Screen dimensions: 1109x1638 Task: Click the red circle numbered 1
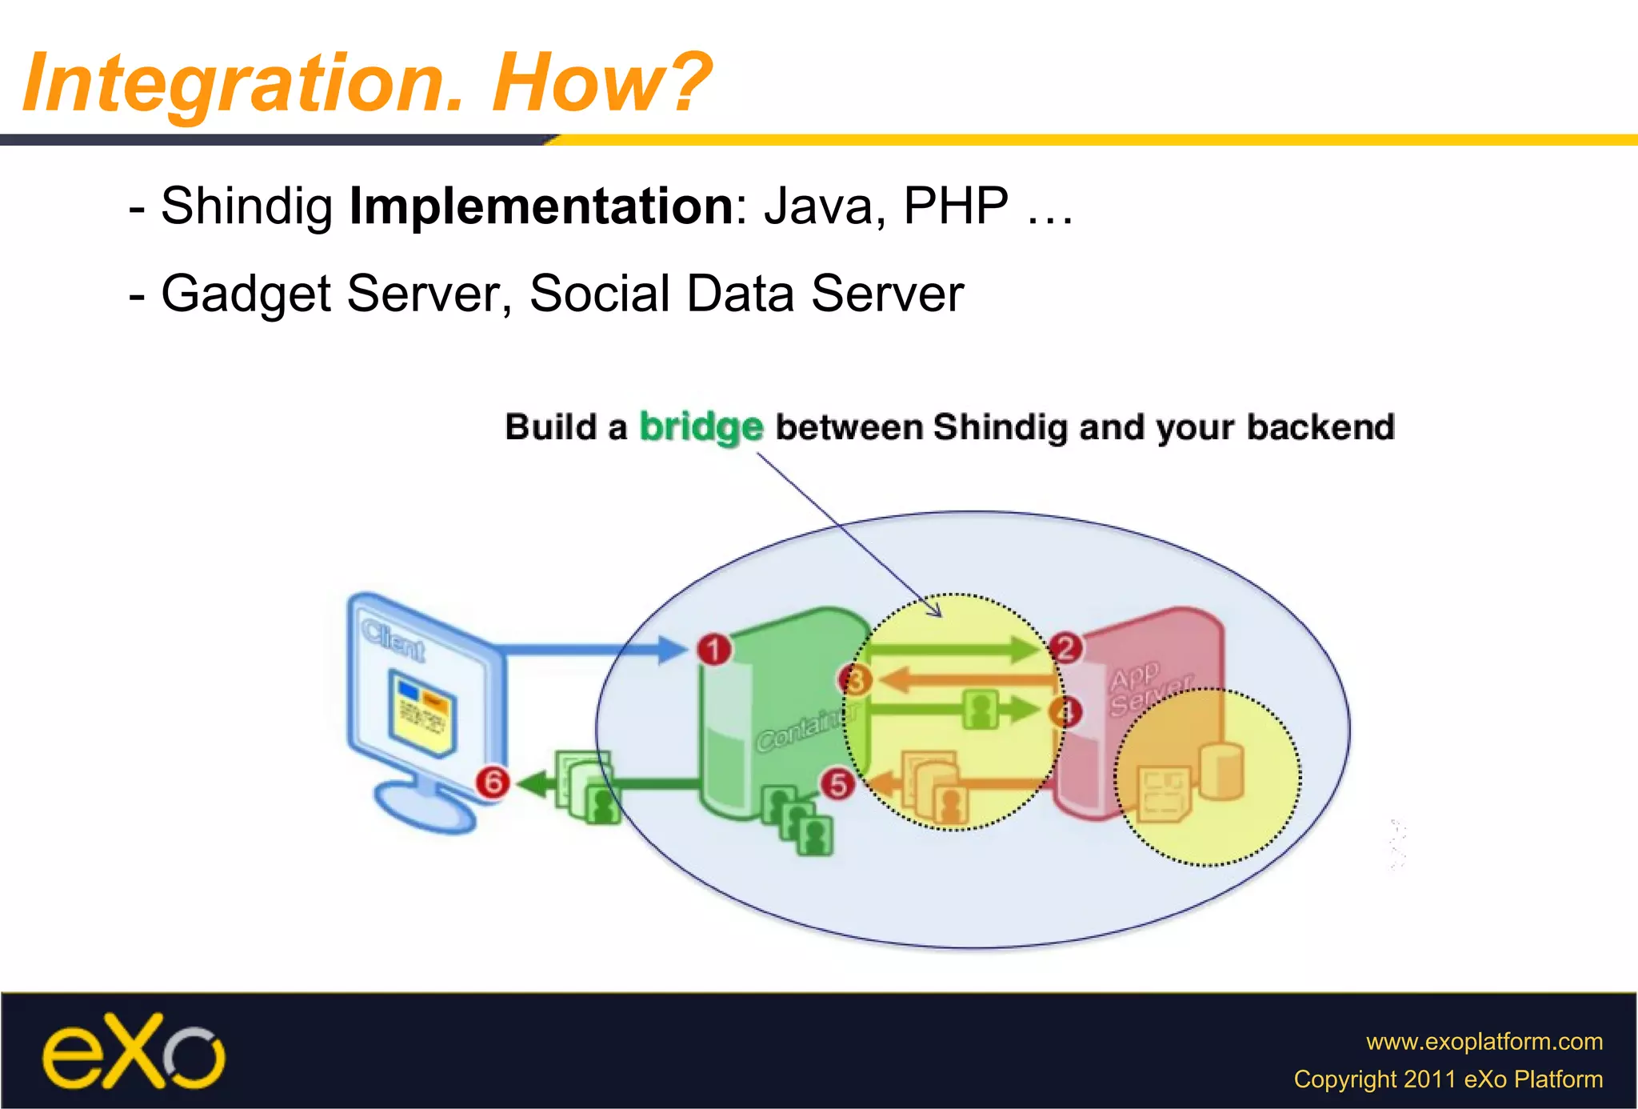[x=714, y=649]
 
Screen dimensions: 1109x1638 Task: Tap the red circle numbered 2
[x=1065, y=647]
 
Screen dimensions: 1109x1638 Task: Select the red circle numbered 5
[x=837, y=784]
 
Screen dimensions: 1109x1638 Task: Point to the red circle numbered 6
[x=493, y=782]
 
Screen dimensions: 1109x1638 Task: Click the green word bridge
[x=701, y=426]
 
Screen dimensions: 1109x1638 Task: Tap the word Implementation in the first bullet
[x=541, y=206]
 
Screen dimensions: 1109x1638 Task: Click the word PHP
[x=956, y=206]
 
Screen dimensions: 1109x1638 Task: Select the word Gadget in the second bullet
[x=246, y=294]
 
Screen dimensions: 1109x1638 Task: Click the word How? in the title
[x=601, y=82]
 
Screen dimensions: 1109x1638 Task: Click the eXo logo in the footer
[x=134, y=1052]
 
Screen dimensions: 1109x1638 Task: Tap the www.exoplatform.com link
[x=1484, y=1041]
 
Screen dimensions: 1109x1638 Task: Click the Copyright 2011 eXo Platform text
[x=1448, y=1079]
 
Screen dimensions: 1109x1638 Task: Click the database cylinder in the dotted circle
[x=1221, y=770]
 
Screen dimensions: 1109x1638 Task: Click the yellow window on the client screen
[x=421, y=712]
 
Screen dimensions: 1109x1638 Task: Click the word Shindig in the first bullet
[x=246, y=206]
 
